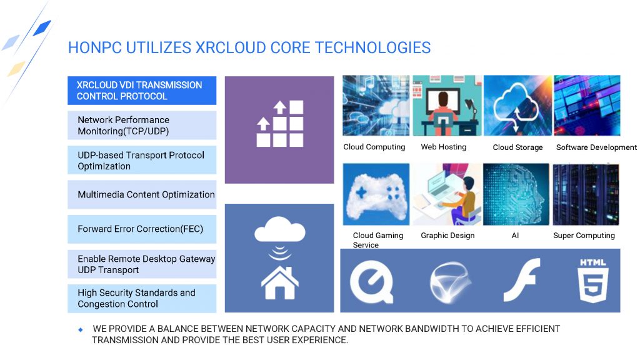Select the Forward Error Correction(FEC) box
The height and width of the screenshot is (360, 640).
coord(142,229)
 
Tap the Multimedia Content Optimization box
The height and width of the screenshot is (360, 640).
coord(142,195)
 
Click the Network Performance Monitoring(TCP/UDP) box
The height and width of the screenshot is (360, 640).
coord(142,125)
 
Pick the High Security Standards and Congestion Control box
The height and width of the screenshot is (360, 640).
coord(142,298)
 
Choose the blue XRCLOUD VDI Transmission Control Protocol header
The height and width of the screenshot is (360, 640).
coord(142,91)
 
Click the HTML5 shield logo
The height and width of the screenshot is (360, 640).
coord(593,281)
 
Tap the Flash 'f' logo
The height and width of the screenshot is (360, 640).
coord(522,280)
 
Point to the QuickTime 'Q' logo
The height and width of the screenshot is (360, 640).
coord(372,282)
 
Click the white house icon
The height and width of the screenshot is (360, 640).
coord(279,283)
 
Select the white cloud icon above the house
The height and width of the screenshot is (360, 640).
coord(279,229)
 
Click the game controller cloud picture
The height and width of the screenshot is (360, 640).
coord(376,194)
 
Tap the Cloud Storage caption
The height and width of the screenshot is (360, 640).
coord(517,147)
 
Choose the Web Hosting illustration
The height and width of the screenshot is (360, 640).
coord(447,105)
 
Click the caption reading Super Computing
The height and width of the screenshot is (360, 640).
coord(584,236)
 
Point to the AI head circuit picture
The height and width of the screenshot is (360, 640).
coord(516,194)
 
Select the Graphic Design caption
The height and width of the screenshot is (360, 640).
coord(447,236)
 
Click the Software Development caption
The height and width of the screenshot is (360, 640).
coord(596,147)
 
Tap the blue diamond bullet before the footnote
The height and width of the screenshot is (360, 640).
coord(81,329)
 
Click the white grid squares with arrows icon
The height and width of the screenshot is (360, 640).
coord(279,124)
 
